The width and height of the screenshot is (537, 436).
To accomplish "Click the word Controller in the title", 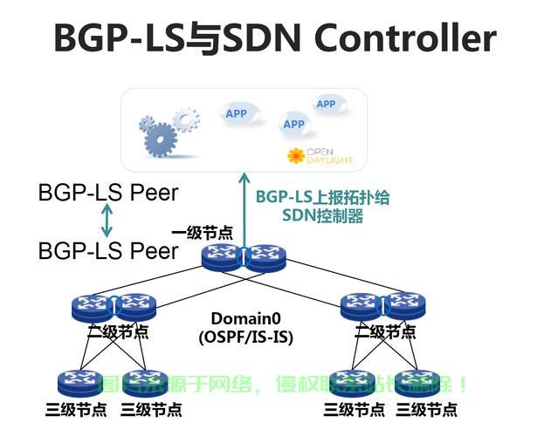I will [405, 37].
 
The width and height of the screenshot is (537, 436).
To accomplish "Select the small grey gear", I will [185, 118].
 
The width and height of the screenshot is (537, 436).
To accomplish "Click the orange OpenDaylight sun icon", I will [296, 156].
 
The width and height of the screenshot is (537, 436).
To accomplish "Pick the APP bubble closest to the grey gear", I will [236, 113].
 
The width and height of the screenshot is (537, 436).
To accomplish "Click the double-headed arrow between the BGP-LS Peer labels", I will [107, 222].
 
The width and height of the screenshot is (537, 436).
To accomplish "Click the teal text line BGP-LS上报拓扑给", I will [322, 197].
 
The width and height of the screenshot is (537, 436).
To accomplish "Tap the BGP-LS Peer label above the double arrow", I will [107, 193].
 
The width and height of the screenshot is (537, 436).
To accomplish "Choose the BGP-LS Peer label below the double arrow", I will [107, 251].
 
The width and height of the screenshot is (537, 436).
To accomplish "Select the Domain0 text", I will [244, 318].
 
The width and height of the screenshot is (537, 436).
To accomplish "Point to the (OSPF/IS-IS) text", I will [244, 336].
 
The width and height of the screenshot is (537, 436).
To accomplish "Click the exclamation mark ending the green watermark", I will [462, 384].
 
